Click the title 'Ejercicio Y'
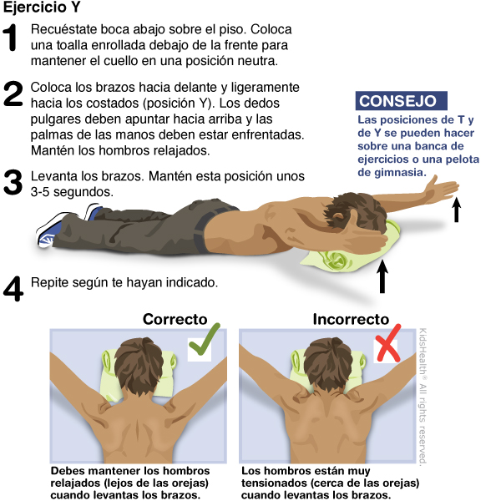tap(42, 7)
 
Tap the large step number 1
tap(10, 38)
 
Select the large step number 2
tap(13, 94)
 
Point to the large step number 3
tap(13, 182)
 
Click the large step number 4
tap(13, 289)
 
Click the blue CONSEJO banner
tap(401, 101)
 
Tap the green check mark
tap(205, 339)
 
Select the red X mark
tap(388, 343)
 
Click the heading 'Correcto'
tap(175, 319)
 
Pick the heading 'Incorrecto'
tap(351, 319)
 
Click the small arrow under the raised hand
tap(457, 210)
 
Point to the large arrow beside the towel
tap(382, 276)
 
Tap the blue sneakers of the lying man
tap(67, 225)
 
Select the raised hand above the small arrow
tap(443, 189)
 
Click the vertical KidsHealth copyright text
tap(423, 396)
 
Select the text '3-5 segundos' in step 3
tap(72, 192)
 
